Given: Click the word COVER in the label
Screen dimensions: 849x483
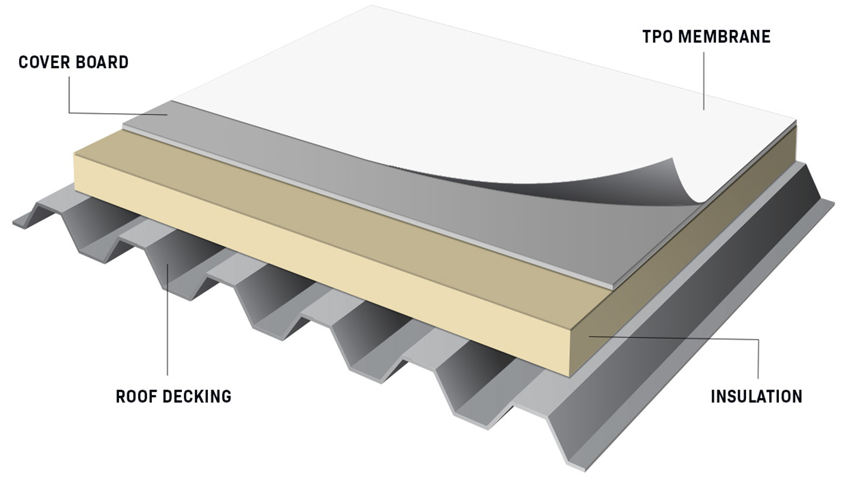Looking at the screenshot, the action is [42, 63].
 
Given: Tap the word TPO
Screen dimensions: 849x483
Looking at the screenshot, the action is [657, 37].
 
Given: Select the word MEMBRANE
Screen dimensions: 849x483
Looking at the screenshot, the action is [724, 37].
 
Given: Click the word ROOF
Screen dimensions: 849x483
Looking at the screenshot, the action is [136, 396].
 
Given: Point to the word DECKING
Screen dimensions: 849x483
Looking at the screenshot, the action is [197, 396].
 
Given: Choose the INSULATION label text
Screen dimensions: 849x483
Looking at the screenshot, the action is [757, 396].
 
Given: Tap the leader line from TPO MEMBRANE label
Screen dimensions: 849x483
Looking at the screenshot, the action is [704, 81].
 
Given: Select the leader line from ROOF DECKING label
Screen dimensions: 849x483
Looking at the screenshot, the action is [167, 319].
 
